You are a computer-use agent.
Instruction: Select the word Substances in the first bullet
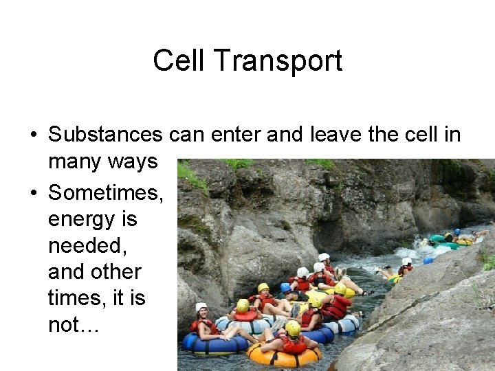pyautogui.click(x=105, y=135)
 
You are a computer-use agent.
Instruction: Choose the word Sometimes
pyautogui.click(x=105, y=193)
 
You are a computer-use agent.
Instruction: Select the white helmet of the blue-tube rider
pyautogui.click(x=201, y=307)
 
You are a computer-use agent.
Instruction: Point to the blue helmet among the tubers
pyautogui.click(x=285, y=287)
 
